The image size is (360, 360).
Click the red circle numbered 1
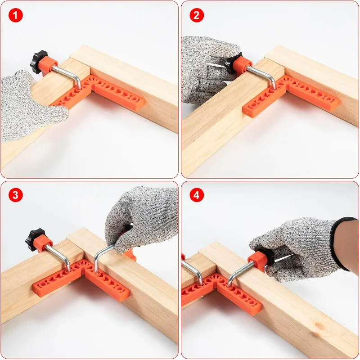pyautogui.click(x=16, y=15)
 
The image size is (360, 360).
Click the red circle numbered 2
pyautogui.click(x=196, y=15)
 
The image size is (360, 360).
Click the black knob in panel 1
pyautogui.click(x=39, y=63)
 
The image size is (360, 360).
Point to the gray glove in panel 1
pyautogui.click(x=27, y=108)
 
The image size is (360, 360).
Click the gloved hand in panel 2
pyautogui.click(x=207, y=67)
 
